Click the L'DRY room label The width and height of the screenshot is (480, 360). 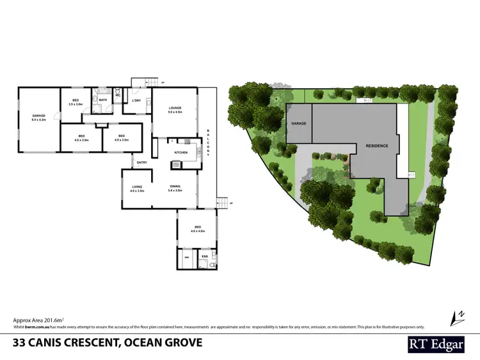point(136,101)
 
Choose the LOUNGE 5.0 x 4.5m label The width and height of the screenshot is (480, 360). point(175,110)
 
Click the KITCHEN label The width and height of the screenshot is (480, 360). point(180,153)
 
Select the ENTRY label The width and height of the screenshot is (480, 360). point(142,163)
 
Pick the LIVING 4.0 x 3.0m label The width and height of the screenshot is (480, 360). point(137,189)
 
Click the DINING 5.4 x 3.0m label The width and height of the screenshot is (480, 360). point(175,189)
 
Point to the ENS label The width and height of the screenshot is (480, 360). point(205,256)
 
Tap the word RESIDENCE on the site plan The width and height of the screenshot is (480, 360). point(377,146)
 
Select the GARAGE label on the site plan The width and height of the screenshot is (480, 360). point(299,123)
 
